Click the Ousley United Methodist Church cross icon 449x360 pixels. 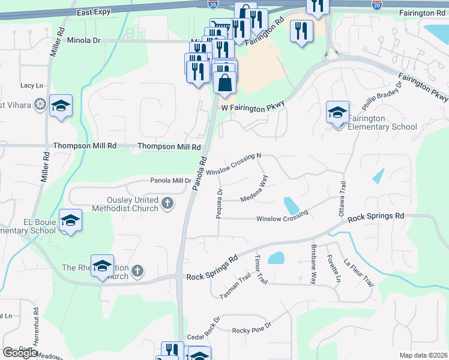167,204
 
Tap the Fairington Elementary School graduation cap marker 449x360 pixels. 337,112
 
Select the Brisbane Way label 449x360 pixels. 313,263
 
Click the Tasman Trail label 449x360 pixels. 235,287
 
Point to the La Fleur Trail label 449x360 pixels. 359,272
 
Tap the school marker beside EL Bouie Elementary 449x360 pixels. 71,221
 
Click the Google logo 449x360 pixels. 20,353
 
